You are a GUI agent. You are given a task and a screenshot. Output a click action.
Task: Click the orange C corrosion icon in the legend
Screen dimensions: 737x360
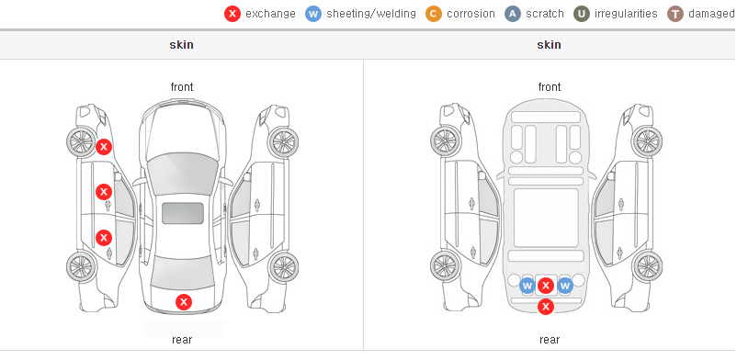pyautogui.click(x=434, y=14)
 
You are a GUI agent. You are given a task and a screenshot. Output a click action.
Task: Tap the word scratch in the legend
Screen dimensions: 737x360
pyautogui.click(x=545, y=14)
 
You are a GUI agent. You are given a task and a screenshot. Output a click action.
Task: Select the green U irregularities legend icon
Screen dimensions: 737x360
pyautogui.click(x=582, y=14)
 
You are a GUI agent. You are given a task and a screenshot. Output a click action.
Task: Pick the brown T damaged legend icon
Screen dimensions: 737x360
pyautogui.click(x=675, y=14)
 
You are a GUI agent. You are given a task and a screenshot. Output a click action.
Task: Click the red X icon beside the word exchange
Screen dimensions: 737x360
pyautogui.click(x=232, y=14)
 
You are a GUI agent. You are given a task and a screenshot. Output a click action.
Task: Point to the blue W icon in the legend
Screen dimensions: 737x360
pyautogui.click(x=313, y=14)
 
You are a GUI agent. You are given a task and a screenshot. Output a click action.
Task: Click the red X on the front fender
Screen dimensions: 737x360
pyautogui.click(x=104, y=147)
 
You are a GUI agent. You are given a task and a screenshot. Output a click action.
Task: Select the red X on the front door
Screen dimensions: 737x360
pyautogui.click(x=104, y=192)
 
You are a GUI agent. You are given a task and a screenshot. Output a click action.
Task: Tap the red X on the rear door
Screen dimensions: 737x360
pyautogui.click(x=104, y=238)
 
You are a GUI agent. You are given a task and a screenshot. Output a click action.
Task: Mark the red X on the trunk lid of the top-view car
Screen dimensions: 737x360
pyautogui.click(x=184, y=302)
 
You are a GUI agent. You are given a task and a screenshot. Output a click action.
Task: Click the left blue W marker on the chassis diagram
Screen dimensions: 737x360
pyautogui.click(x=527, y=286)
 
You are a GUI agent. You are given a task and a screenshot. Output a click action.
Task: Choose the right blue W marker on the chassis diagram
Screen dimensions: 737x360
pyautogui.click(x=565, y=286)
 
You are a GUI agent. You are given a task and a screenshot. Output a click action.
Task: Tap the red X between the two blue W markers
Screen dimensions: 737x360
pyautogui.click(x=546, y=286)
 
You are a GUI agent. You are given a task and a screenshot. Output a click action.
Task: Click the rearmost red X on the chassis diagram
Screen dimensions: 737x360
pyautogui.click(x=546, y=307)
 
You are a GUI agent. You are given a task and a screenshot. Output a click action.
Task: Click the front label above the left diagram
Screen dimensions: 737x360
pyautogui.click(x=182, y=87)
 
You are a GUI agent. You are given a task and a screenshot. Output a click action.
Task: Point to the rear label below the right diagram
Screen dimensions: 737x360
pyautogui.click(x=550, y=340)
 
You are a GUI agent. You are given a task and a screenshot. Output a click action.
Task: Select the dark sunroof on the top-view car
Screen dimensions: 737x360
pyautogui.click(x=183, y=213)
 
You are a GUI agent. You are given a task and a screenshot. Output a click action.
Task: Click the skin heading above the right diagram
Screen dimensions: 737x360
pyautogui.click(x=549, y=45)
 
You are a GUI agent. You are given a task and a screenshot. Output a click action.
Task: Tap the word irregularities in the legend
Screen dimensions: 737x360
pyautogui.click(x=626, y=14)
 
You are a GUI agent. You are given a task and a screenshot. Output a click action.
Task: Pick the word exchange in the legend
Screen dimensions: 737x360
pyautogui.click(x=270, y=14)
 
